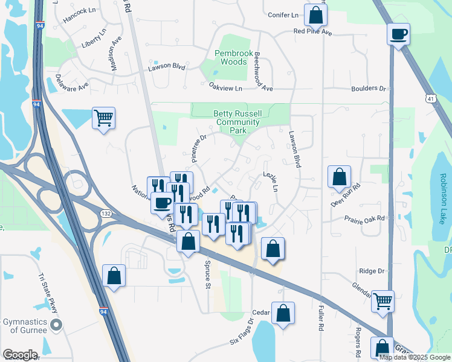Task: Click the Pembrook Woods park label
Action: point(234,57)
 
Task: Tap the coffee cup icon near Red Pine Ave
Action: point(398,34)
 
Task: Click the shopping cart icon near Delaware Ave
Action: point(103,118)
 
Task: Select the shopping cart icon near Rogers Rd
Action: point(383,300)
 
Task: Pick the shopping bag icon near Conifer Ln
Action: point(315,15)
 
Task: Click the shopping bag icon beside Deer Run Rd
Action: point(339,177)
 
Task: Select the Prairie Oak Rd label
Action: point(364,218)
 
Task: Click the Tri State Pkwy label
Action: point(49,293)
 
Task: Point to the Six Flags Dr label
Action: point(244,340)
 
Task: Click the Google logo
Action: point(19,355)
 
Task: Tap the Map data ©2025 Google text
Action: point(414,357)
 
